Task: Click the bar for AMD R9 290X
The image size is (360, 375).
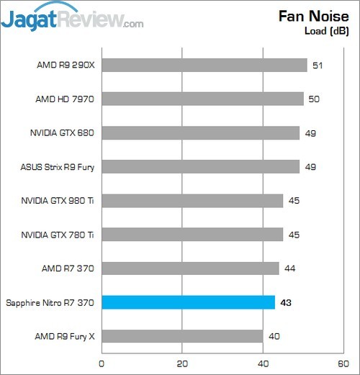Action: [x=204, y=65]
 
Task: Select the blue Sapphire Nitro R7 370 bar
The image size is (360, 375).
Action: [x=188, y=302]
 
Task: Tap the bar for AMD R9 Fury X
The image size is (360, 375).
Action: [x=182, y=336]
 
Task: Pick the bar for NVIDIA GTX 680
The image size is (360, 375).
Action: [x=200, y=133]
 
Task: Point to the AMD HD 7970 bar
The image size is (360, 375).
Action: [x=202, y=99]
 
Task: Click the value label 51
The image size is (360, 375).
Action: [x=316, y=65]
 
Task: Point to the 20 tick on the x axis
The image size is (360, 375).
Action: [x=182, y=362]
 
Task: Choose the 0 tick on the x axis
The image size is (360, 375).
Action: [x=102, y=362]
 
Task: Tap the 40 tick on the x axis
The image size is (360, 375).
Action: [x=263, y=362]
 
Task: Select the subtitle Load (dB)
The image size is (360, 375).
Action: [x=327, y=31]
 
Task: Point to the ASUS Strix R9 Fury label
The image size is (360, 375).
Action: [x=58, y=167]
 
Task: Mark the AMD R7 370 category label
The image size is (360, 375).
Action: [x=68, y=268]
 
